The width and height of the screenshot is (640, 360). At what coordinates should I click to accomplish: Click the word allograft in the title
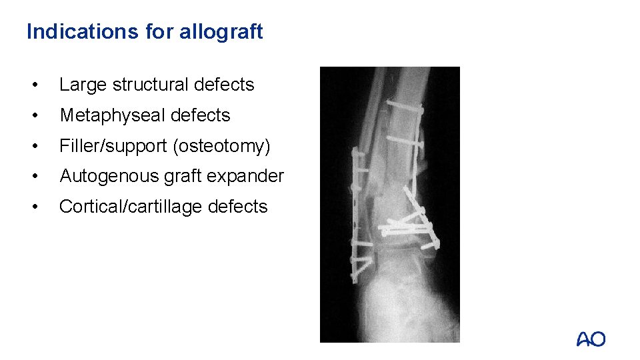coord(221,31)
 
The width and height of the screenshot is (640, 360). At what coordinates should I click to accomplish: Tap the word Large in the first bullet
coord(83,85)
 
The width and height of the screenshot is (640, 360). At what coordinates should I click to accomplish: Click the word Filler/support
coord(113,146)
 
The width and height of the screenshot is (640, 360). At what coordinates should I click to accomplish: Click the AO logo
coord(591,339)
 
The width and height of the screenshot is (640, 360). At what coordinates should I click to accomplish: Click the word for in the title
coord(158,31)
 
